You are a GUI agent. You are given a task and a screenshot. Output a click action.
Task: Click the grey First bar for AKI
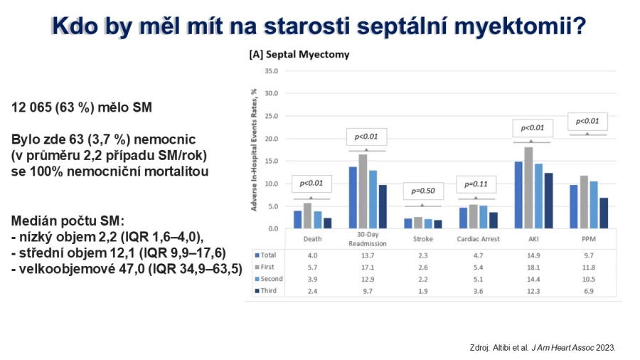point(528,188)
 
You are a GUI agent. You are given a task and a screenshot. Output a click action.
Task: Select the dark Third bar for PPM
point(603,213)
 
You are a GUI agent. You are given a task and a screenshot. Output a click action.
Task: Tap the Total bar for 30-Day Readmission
point(353,198)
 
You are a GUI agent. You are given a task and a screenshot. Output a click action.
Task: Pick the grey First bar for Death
point(307,216)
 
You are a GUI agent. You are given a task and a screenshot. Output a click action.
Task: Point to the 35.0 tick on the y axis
point(272,71)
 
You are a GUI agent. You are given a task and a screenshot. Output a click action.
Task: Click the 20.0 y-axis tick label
point(272,139)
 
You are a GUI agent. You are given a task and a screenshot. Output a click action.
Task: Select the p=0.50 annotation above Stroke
point(423,191)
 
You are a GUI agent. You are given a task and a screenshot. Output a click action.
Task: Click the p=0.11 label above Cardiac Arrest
point(476,184)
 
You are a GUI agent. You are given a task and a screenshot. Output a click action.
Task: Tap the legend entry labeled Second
point(269,279)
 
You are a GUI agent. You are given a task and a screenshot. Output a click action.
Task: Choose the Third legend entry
point(266,290)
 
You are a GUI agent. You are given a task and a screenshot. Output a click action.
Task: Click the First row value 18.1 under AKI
point(533,268)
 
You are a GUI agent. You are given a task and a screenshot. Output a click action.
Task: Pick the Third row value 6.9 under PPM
point(589,291)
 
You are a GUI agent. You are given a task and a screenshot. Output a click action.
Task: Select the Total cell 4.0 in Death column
point(312,255)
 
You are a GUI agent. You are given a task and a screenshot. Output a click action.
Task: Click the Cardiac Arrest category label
point(478,239)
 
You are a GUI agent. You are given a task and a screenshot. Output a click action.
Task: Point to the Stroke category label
point(423,239)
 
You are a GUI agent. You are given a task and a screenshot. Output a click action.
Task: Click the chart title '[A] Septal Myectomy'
point(299,54)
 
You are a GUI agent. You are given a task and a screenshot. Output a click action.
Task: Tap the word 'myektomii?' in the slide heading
point(520,26)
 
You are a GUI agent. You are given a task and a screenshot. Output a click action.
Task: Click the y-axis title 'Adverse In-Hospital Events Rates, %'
point(255,150)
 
